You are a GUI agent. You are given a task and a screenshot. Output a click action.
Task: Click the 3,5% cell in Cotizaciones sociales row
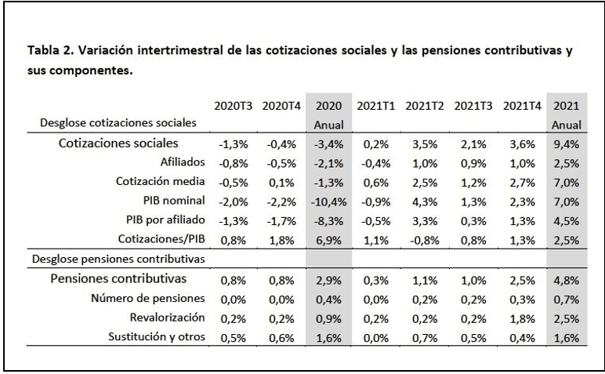(x=424, y=143)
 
